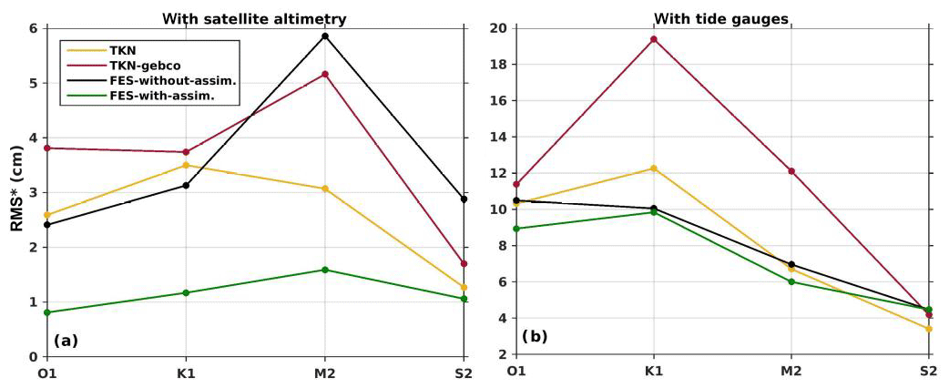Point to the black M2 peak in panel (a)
(x=324, y=36)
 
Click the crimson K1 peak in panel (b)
(x=653, y=39)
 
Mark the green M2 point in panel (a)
(x=324, y=270)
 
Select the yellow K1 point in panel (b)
(x=653, y=168)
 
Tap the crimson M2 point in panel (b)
(x=791, y=171)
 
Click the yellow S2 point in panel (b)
(x=928, y=329)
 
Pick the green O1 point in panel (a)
(x=47, y=312)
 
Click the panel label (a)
(x=66, y=341)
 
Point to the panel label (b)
(x=534, y=337)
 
